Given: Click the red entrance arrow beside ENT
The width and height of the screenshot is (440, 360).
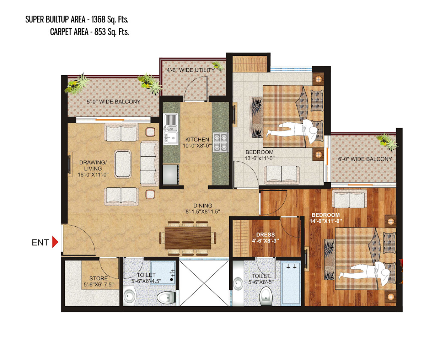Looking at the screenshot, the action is pos(55,242).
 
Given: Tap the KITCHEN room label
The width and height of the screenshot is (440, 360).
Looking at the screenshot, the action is pos(197,140).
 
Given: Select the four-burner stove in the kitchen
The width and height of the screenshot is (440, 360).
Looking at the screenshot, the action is pos(220,142).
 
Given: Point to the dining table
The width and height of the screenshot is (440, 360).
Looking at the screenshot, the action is pos(188,238).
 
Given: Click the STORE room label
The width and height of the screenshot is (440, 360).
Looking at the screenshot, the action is pos(98,278).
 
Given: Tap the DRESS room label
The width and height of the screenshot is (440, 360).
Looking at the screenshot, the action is pos(265,235).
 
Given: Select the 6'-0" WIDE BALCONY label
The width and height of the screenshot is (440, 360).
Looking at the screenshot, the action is pos(365,159).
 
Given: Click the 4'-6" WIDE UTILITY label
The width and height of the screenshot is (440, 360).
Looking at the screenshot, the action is pos(191,70).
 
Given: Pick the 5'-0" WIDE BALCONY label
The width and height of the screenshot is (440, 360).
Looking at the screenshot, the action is pos(113,102).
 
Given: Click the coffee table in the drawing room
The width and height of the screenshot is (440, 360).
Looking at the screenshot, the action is pos(123,164).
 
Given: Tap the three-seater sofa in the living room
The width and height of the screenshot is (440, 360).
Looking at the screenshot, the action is pos(149,163).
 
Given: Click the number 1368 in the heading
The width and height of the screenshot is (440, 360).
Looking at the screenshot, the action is pos(98,20).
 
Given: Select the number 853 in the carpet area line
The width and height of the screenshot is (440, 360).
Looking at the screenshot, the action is pos(100,32).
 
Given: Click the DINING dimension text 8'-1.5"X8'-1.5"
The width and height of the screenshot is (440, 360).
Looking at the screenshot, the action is pos(203,212).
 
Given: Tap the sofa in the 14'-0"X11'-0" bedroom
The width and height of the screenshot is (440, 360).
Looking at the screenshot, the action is pos(349,199).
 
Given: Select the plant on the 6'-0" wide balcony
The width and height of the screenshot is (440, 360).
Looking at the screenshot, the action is pos(387,141).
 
